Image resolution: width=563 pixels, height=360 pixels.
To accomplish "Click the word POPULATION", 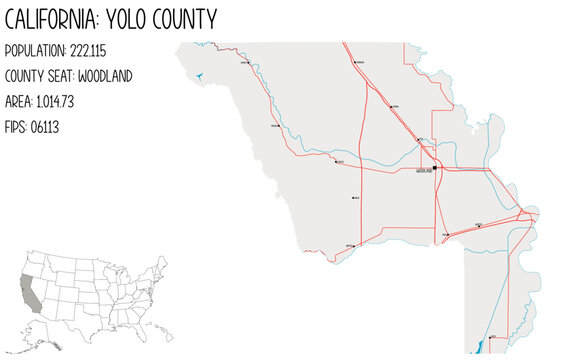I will click(x=35, y=51).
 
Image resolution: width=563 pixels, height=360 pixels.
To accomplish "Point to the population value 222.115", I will click(x=88, y=51).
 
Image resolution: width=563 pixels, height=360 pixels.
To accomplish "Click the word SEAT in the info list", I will click(x=58, y=76).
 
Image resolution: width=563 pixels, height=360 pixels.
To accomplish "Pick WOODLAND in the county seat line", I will click(x=105, y=76).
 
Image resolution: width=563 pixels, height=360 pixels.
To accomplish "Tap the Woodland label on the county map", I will click(x=424, y=172).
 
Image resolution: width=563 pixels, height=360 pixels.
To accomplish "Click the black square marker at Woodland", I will click(x=435, y=168).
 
